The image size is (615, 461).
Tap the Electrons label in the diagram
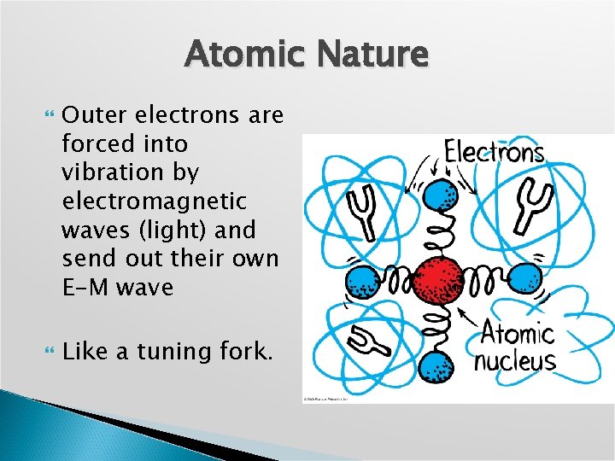[495, 153]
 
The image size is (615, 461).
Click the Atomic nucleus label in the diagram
[515, 346]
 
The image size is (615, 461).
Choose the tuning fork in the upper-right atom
[520, 204]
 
